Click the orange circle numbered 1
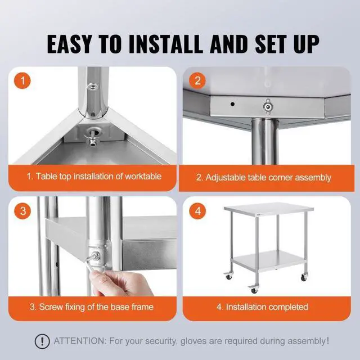pyautogui.click(x=22, y=80)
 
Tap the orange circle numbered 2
pyautogui.click(x=197, y=80)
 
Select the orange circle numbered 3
pyautogui.click(x=22, y=211)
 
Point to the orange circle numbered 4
pyautogui.click(x=197, y=211)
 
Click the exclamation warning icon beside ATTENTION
pyautogui.click(x=41, y=341)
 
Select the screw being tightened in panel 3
pyautogui.click(x=96, y=256)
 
